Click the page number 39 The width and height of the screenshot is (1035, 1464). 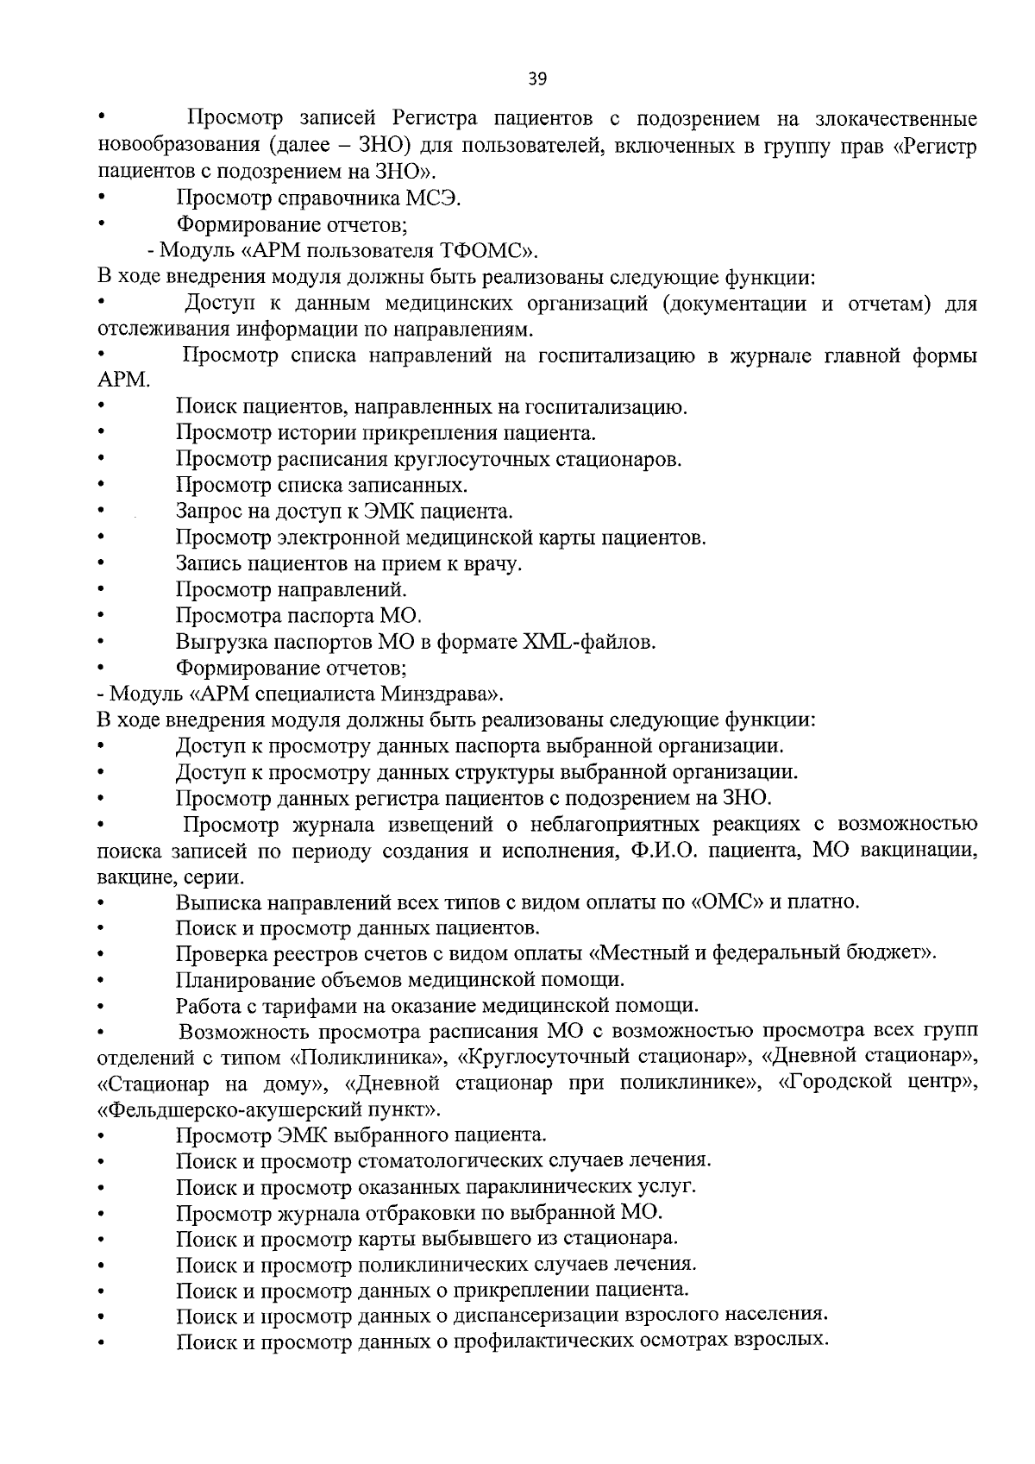coord(536,79)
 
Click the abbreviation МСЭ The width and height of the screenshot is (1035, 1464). coord(433,199)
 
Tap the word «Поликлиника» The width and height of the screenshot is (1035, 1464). coord(369,1058)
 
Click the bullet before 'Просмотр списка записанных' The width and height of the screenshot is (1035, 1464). coord(102,486)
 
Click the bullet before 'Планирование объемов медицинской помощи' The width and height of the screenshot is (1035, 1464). coord(102,981)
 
